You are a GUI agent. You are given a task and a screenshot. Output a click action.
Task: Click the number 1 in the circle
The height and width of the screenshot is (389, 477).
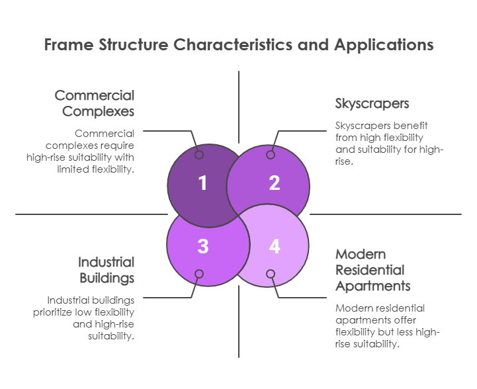tap(202, 183)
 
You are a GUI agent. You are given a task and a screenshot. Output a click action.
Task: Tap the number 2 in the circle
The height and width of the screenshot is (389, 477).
tap(274, 183)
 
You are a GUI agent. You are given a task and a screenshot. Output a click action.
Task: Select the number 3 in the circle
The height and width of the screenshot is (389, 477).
tap(202, 246)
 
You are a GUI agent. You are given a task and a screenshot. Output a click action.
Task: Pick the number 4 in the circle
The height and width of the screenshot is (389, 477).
tap(274, 246)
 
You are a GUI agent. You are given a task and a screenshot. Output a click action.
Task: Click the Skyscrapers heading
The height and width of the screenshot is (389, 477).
tap(372, 104)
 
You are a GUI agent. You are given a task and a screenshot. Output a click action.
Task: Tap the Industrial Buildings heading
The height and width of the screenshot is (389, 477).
tap(106, 269)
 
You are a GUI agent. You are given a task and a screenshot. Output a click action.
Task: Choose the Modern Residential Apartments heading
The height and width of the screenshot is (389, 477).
tap(372, 270)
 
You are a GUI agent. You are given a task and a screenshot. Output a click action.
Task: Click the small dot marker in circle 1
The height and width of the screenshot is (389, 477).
tap(199, 155)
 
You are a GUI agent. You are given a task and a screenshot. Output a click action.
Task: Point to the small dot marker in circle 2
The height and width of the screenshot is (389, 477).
tap(270, 155)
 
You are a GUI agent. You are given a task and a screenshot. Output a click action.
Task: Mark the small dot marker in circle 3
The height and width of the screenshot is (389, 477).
tap(199, 274)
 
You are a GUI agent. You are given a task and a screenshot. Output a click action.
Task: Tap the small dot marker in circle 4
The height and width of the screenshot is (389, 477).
tap(270, 274)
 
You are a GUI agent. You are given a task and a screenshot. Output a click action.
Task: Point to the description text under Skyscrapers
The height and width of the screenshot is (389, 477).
tap(388, 144)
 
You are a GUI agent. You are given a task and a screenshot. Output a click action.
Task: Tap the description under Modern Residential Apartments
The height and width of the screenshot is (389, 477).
tap(388, 326)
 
